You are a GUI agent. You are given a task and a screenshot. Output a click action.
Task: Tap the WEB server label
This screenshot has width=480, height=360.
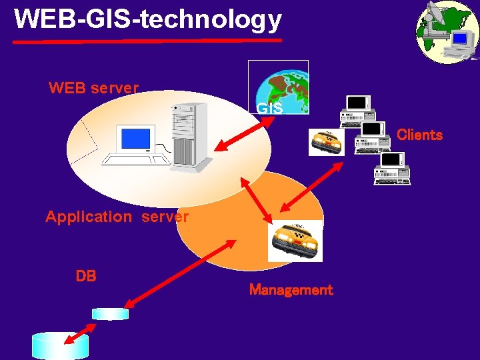tap(93, 88)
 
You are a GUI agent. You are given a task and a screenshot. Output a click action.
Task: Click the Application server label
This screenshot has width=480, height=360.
tap(117, 217)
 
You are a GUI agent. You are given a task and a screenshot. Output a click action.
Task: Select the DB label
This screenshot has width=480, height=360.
tap(86, 275)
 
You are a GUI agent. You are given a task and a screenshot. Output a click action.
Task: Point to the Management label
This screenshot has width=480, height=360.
tap(291, 290)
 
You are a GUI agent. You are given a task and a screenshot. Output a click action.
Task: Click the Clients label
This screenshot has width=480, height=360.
tap(419, 135)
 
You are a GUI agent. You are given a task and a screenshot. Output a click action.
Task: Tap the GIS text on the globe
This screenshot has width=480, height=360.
tap(269, 108)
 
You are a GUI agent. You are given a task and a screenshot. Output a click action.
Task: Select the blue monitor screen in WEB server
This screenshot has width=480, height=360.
tap(135, 138)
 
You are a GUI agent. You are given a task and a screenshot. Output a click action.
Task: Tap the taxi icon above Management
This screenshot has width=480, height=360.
tap(295, 241)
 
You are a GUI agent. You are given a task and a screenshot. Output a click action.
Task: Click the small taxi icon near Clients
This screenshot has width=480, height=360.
tap(326, 141)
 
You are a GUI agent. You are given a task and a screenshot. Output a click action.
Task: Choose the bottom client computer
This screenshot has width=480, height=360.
tap(392, 168)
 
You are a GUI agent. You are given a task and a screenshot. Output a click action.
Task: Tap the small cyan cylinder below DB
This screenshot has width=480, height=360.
tap(110, 313)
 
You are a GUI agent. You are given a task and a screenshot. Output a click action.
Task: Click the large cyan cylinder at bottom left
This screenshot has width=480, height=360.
tap(60, 345)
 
